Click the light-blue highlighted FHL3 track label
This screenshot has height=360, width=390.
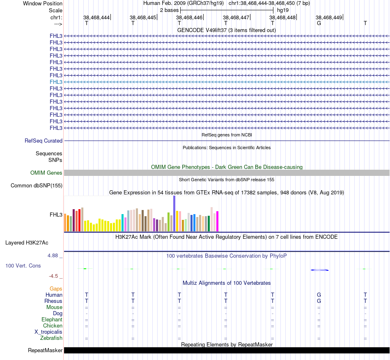pyautogui.click(x=56, y=82)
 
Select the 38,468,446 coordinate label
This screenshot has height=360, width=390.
pyautogui.click(x=189, y=18)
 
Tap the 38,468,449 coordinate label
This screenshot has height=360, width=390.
pyautogui.click(x=329, y=18)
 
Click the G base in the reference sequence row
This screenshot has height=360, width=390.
pyautogui.click(x=319, y=23)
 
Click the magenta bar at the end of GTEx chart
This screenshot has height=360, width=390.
pyautogui.click(x=217, y=221)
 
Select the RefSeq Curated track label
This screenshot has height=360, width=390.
pyautogui.click(x=44, y=141)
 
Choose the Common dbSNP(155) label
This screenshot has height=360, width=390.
pyautogui.click(x=37, y=186)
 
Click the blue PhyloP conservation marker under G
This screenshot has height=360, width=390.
pyautogui.click(x=319, y=270)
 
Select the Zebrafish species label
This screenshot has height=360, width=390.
pyautogui.click(x=51, y=338)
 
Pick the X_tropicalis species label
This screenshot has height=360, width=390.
pyautogui.click(x=48, y=332)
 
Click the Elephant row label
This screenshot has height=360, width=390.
pyautogui.click(x=52, y=320)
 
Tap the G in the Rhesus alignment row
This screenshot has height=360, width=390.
pyautogui.click(x=319, y=301)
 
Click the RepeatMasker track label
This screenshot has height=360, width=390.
pyautogui.click(x=45, y=351)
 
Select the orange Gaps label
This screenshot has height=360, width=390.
pyautogui.click(x=56, y=289)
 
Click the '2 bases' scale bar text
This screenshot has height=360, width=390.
pyautogui.click(x=169, y=10)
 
